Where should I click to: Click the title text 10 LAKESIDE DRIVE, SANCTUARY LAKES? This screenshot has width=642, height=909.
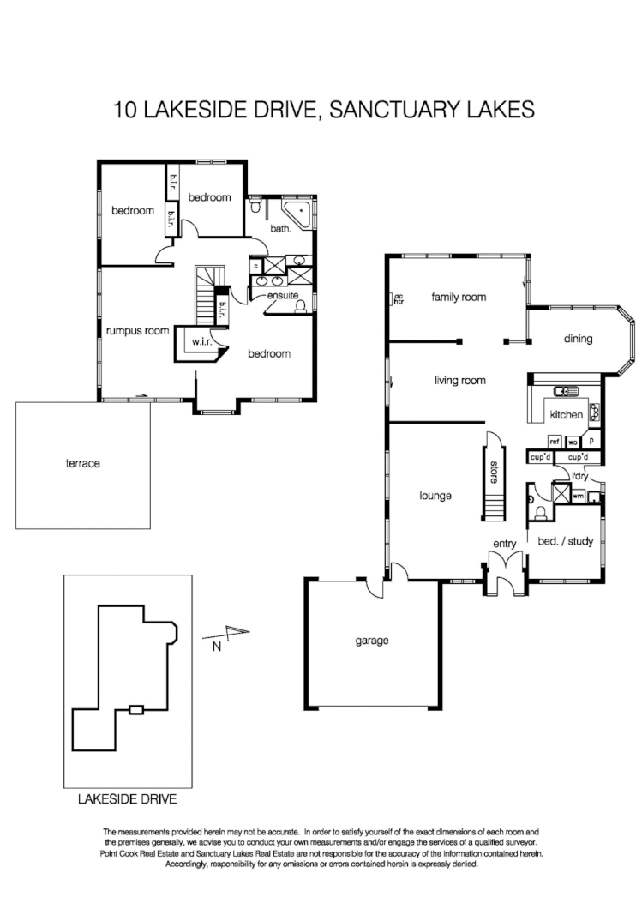[323, 110]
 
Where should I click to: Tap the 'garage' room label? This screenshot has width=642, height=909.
[373, 640]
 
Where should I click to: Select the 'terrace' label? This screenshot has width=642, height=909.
[83, 463]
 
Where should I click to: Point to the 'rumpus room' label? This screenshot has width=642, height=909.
[137, 330]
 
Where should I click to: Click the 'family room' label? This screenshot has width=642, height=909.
[459, 298]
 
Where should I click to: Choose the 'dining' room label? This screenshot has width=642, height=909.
[578, 339]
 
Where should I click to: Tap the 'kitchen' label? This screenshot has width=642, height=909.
[567, 415]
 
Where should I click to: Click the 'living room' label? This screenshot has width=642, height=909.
[459, 380]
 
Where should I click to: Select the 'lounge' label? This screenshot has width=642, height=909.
[435, 495]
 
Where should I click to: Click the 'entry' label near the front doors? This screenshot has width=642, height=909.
[504, 544]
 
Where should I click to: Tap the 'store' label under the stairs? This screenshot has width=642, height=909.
[494, 473]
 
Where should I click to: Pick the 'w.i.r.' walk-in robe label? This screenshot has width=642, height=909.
[201, 341]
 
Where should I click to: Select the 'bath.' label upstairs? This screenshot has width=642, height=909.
[281, 229]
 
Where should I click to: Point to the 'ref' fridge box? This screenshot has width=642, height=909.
[554, 442]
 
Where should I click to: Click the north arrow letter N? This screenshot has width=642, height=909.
[217, 647]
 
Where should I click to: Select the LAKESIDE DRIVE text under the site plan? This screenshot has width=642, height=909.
[127, 799]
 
